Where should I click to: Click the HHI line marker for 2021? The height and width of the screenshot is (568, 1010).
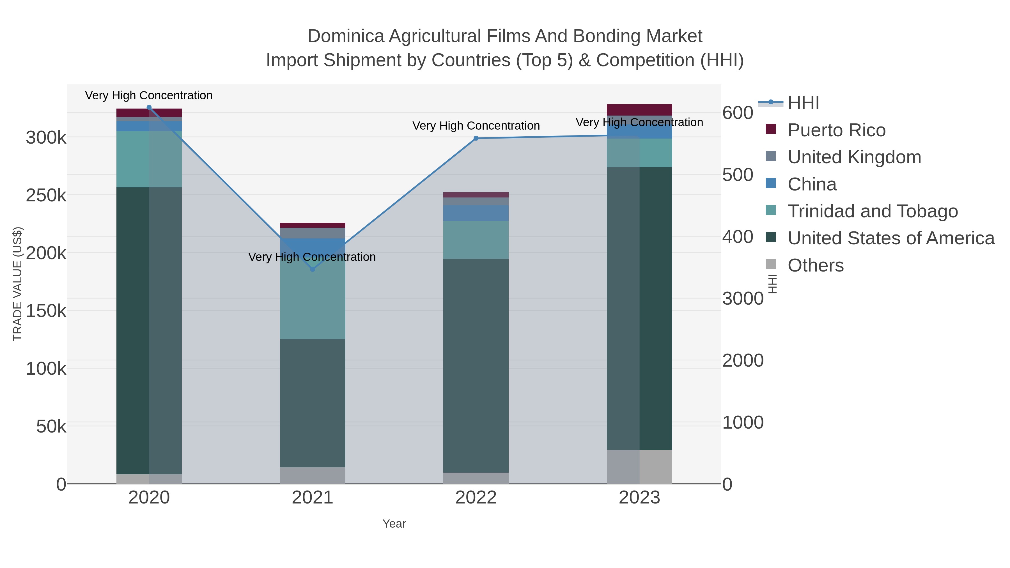(313, 269)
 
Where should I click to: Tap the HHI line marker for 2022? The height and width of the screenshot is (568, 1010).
(476, 138)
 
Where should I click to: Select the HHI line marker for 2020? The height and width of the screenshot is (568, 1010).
(149, 107)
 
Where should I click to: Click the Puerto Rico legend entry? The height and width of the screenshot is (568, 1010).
(836, 130)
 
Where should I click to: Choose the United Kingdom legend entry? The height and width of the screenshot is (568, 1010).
(854, 157)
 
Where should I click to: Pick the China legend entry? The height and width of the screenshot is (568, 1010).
(812, 184)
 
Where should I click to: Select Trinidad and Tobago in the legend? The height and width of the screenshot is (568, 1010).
(872, 211)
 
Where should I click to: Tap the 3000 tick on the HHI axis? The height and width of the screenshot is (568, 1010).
(743, 299)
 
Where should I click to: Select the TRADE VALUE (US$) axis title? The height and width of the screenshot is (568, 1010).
(18, 284)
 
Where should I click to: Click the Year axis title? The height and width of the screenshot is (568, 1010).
(394, 524)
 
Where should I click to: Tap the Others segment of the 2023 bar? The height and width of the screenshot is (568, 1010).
(639, 466)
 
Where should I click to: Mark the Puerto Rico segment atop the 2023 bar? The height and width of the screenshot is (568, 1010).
(639, 110)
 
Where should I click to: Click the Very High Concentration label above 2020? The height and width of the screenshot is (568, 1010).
(149, 96)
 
